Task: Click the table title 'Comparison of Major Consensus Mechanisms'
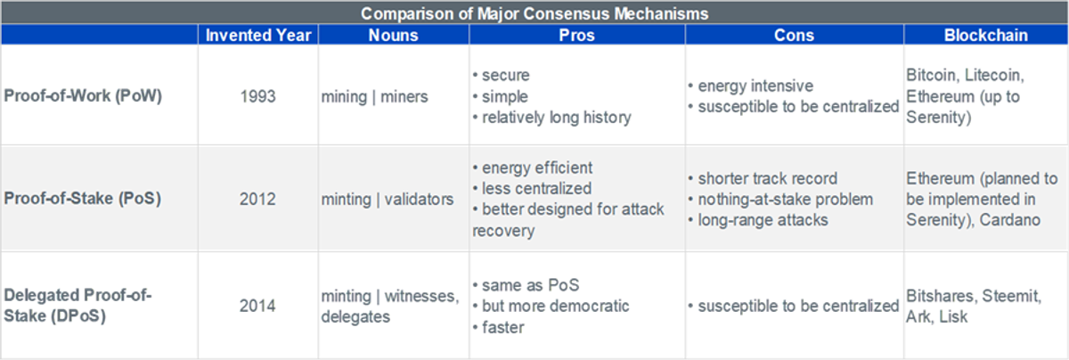pyautogui.click(x=534, y=13)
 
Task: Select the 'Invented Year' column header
pyautogui.click(x=258, y=35)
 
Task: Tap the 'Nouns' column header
pyautogui.click(x=393, y=35)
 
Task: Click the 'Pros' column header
pyautogui.click(x=576, y=35)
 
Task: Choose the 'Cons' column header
pyautogui.click(x=794, y=35)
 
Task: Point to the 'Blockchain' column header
pyautogui.click(x=986, y=35)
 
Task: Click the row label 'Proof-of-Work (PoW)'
pyautogui.click(x=83, y=96)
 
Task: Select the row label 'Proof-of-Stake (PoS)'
pyautogui.click(x=83, y=199)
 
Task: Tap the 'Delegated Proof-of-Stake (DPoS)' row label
pyautogui.click(x=78, y=306)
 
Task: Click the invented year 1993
pyautogui.click(x=257, y=96)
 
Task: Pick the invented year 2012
pyautogui.click(x=257, y=199)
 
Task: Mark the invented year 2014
pyautogui.click(x=257, y=306)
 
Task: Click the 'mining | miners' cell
pyautogui.click(x=375, y=97)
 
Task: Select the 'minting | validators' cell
pyautogui.click(x=387, y=200)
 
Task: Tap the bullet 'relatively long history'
pyautogui.click(x=552, y=118)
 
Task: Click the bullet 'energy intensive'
pyautogui.click(x=751, y=86)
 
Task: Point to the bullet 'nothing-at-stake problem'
pyautogui.click(x=780, y=200)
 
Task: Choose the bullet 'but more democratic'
pyautogui.click(x=551, y=306)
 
